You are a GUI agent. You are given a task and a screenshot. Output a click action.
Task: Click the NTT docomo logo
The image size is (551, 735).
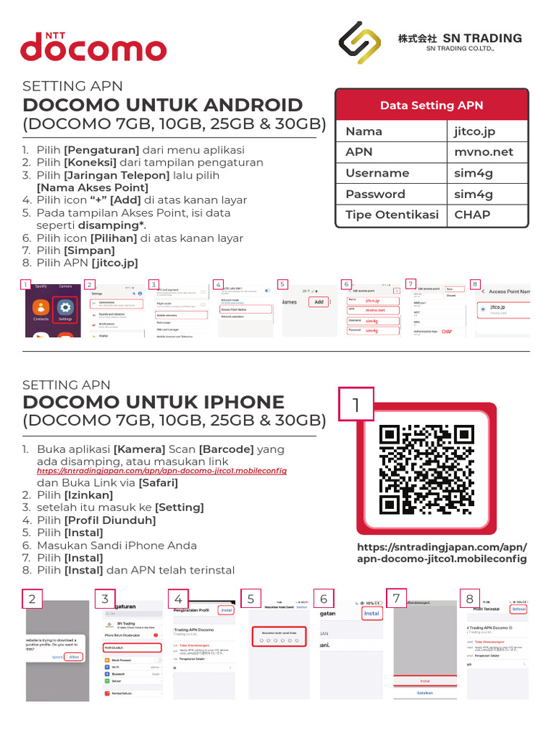(93, 46)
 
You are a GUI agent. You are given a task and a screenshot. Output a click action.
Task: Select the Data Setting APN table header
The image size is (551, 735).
(431, 106)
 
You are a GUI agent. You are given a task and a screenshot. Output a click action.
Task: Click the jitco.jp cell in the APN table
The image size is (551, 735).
(474, 131)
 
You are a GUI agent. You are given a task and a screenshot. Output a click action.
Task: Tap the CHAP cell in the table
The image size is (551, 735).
(472, 215)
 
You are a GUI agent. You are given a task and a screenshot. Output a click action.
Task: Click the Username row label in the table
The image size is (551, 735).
(377, 173)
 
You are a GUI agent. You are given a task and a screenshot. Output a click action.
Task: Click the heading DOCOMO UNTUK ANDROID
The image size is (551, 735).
(163, 105)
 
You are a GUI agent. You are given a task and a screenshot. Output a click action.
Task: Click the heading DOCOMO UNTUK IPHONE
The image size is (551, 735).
(154, 402)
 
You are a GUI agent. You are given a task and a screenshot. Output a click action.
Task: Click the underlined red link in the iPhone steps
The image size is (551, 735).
(161, 471)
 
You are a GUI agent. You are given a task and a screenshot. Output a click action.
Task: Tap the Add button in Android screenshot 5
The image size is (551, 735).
(319, 302)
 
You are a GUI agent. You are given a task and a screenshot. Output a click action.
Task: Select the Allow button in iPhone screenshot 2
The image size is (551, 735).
(72, 656)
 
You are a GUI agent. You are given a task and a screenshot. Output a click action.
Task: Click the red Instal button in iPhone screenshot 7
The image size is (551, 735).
(425, 680)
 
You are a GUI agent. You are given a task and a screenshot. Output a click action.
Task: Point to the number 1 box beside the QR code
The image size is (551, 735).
(355, 406)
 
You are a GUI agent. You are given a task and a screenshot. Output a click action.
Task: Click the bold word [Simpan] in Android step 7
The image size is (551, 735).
(90, 251)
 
